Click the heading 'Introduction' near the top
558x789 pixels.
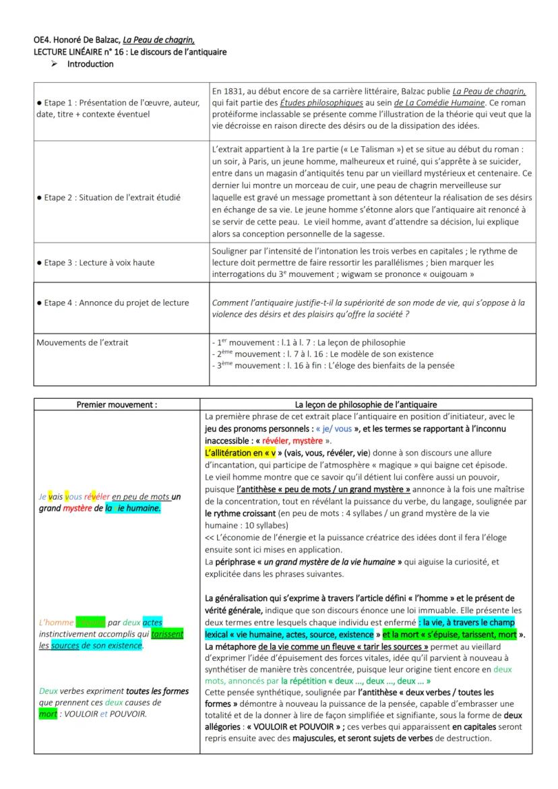click(x=90, y=65)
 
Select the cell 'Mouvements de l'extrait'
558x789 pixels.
click(x=82, y=343)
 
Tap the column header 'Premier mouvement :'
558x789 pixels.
click(x=117, y=404)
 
